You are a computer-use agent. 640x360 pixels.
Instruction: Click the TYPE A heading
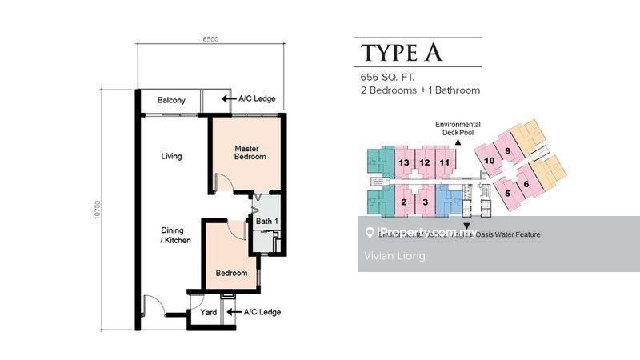[x=402, y=53]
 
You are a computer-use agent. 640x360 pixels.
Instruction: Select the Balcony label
[x=171, y=100]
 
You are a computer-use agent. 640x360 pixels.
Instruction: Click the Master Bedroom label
[x=250, y=153]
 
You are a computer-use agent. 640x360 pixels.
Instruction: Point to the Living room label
[x=171, y=156]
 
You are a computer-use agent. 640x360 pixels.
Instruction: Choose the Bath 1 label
[x=266, y=222]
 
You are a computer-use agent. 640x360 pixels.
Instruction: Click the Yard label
[x=209, y=313]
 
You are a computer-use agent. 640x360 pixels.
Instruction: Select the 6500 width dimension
[x=212, y=38]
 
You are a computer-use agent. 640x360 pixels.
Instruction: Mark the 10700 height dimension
[x=96, y=210]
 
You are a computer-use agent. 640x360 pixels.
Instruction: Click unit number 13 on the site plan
[x=404, y=163]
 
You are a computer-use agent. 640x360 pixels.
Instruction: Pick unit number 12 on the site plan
[x=425, y=163]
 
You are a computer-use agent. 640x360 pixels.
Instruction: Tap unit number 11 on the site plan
[x=445, y=163]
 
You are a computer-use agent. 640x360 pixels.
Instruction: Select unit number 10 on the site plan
[x=489, y=161]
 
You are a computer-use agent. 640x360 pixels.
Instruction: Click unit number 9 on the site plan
[x=507, y=150]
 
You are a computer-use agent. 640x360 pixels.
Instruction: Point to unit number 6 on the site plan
[x=526, y=186]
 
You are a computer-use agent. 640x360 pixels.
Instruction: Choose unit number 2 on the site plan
[x=404, y=202]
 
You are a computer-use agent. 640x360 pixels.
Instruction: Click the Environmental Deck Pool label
[x=458, y=130]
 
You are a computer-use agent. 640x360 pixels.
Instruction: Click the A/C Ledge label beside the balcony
[x=257, y=99]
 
